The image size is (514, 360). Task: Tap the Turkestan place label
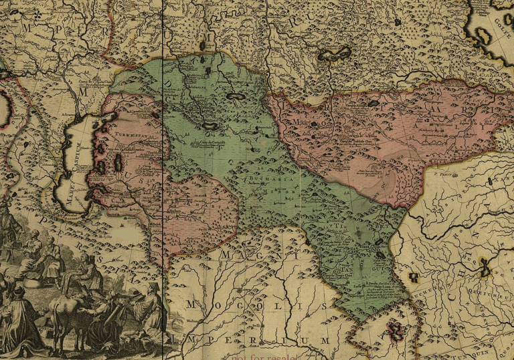[x=130, y=134]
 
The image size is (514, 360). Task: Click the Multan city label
[x=177, y=321]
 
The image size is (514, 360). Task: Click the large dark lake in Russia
[x=334, y=54]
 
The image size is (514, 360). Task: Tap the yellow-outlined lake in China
[x=485, y=268]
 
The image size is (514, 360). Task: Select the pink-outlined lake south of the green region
[x=395, y=330]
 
